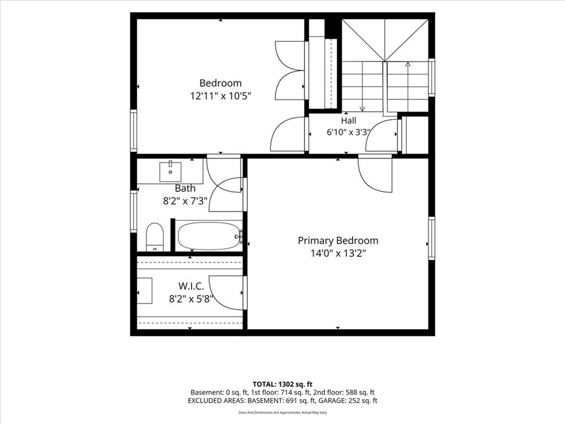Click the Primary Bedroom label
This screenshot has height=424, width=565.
(338, 241)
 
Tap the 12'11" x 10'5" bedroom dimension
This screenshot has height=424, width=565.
(221, 96)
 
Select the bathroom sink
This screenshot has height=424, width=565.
(170, 172)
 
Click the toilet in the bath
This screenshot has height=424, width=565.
(155, 237)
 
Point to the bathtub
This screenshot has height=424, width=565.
(210, 236)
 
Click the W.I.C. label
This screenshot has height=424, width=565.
(191, 287)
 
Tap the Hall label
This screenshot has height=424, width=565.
(349, 120)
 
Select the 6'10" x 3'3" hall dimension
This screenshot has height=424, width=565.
(348, 132)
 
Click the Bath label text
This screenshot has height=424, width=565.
(185, 188)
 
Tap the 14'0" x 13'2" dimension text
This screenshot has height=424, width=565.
(338, 253)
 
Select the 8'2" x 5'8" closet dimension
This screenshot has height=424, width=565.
(191, 299)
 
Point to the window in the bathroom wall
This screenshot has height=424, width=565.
(134, 211)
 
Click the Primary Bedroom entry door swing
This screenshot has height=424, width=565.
(375, 173)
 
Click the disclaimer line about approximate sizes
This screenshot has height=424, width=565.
(282, 412)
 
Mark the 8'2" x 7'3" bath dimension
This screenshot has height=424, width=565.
(185, 201)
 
